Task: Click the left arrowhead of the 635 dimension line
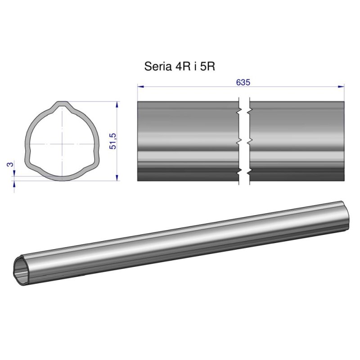[140, 86]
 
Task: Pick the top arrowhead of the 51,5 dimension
[117, 104]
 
